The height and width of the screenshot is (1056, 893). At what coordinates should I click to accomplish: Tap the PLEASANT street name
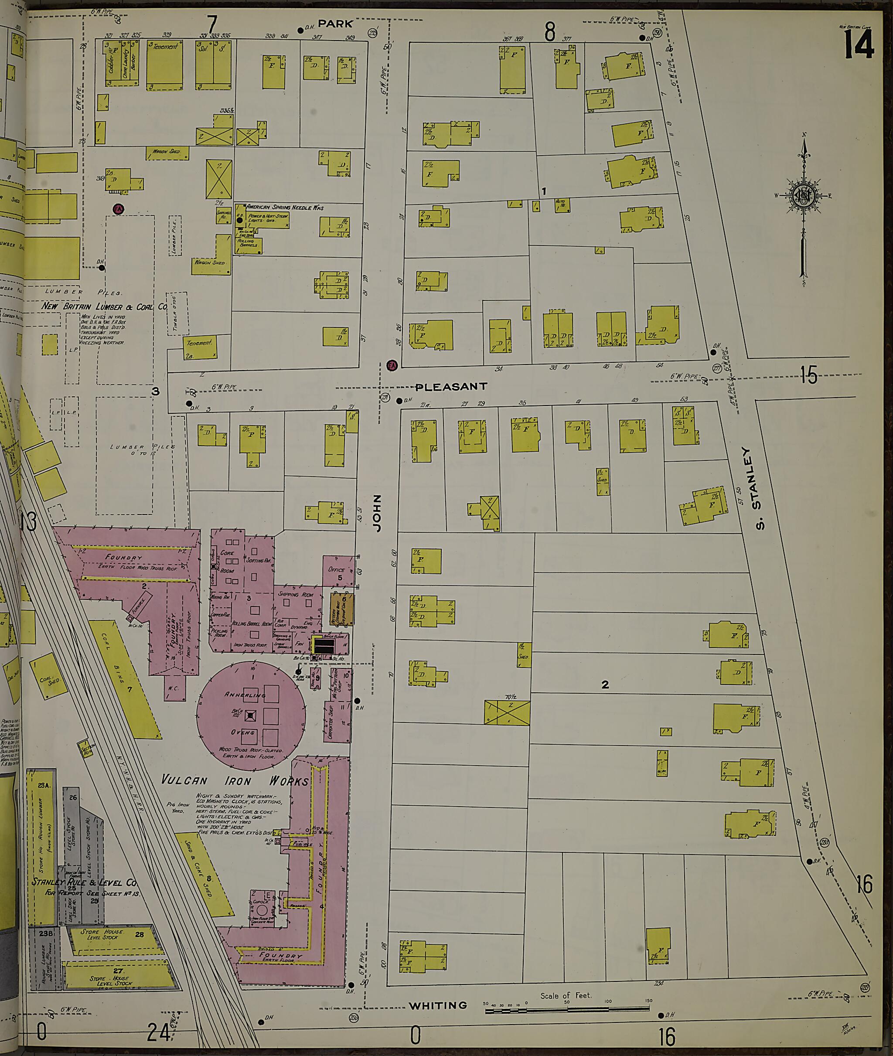click(450, 387)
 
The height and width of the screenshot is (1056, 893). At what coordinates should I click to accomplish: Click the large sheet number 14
click(859, 44)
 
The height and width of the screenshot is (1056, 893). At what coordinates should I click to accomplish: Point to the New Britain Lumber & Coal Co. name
click(104, 306)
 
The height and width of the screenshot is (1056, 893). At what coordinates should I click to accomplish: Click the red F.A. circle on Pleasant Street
click(391, 365)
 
